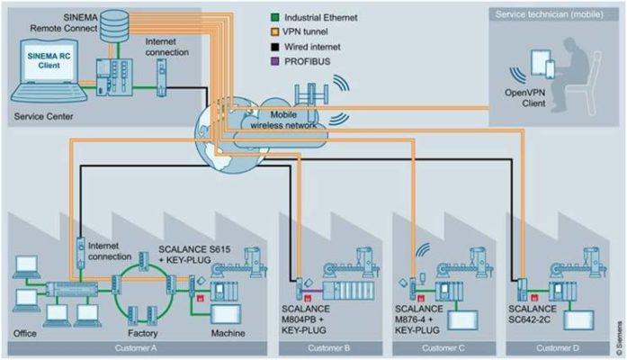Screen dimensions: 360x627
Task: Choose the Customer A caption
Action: pyautogui.click(x=139, y=346)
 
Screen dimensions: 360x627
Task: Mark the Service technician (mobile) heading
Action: pyautogui.click(x=548, y=15)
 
